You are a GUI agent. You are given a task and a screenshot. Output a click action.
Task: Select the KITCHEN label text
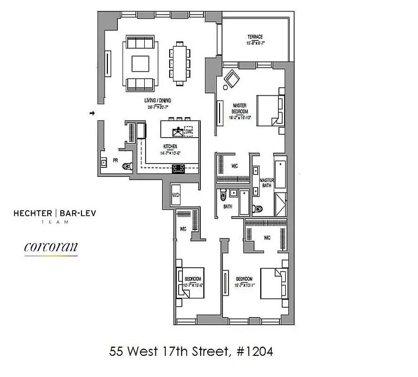[x=170, y=147]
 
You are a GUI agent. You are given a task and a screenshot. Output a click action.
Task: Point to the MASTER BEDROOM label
[x=240, y=108]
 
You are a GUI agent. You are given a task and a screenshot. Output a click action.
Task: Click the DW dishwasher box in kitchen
[x=189, y=131]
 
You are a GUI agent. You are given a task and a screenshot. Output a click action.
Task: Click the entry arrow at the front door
[x=92, y=113]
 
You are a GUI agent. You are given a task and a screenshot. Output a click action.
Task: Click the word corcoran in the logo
[x=50, y=247]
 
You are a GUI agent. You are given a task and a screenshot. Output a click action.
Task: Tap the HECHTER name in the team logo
[x=33, y=213]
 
